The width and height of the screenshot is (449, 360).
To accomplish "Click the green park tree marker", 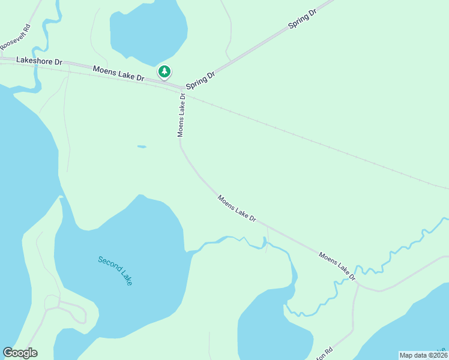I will [x=164, y=72].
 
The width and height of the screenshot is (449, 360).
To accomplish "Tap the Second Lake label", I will [x=115, y=271].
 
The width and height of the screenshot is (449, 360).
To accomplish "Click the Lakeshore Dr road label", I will [x=40, y=61].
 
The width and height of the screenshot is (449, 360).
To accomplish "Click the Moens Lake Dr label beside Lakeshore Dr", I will [x=119, y=74].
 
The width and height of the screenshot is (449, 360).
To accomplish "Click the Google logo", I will [x=20, y=353].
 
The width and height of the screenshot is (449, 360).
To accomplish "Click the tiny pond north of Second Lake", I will [x=142, y=146].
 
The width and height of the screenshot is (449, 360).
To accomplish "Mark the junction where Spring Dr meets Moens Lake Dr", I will [x=182, y=88].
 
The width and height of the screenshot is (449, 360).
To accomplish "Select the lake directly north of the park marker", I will [x=148, y=30].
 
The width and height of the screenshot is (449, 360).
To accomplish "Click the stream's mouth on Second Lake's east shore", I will [x=193, y=253].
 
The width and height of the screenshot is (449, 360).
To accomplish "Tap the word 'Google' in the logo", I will [x=20, y=353].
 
